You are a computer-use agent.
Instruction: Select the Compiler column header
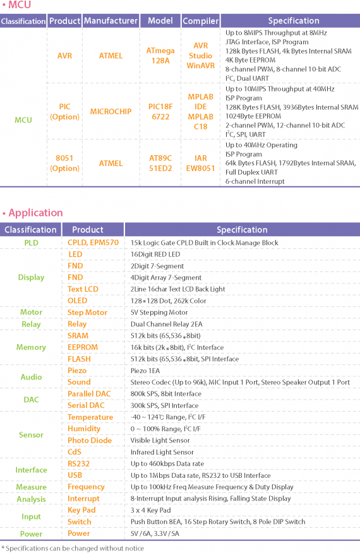tap(200, 21)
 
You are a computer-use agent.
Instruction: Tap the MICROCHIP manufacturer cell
tap(111, 112)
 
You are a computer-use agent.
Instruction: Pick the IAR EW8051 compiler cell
tap(200, 163)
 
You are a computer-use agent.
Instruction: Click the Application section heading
tap(35, 213)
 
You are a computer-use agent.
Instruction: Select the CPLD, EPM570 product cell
tap(93, 242)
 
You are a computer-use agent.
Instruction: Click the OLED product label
tap(77, 300)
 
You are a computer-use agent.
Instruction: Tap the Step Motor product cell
tap(87, 312)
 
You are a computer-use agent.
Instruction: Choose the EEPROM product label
tap(83, 347)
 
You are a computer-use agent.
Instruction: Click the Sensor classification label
tap(31, 435)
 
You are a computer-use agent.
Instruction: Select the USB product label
tap(75, 475)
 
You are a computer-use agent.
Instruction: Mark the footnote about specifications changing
tap(72, 548)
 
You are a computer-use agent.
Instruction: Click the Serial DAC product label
tap(86, 405)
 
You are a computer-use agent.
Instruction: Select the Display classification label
tap(31, 277)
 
